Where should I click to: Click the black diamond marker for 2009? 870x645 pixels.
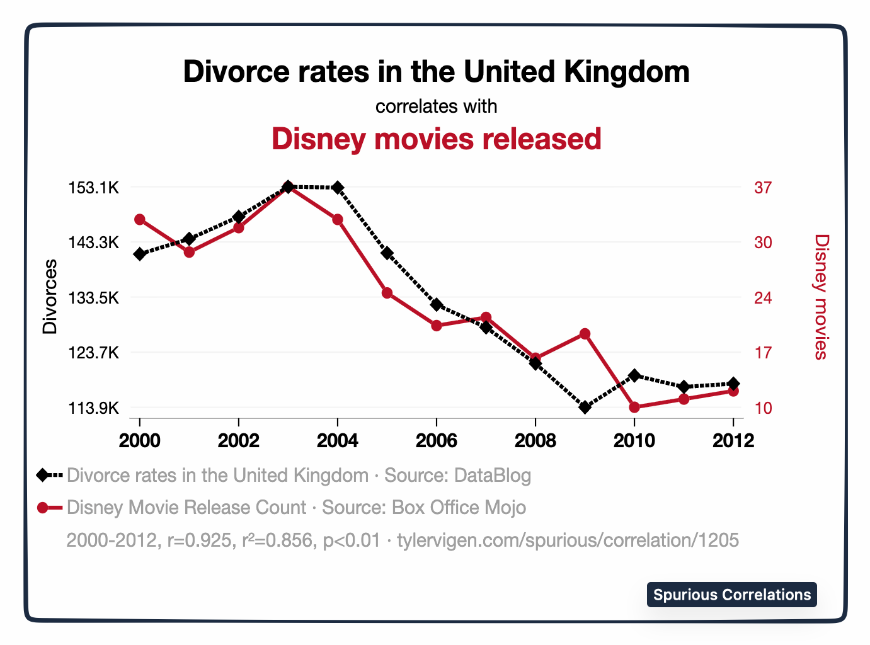tap(585, 408)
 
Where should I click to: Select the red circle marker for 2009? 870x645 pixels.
tap(585, 334)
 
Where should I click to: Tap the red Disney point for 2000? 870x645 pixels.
tap(140, 220)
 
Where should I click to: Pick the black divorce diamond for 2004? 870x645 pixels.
tap(338, 188)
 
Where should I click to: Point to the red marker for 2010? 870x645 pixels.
tap(634, 408)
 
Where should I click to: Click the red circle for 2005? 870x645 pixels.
tap(387, 293)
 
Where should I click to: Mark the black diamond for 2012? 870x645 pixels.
tap(733, 384)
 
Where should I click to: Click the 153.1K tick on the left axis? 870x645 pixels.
tap(93, 188)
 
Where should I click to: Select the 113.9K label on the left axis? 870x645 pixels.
tap(93, 408)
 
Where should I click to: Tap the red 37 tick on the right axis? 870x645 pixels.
tap(763, 188)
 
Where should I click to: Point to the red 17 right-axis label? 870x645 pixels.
tap(763, 353)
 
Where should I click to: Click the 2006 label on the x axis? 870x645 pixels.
tap(437, 440)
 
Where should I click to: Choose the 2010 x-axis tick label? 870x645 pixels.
tap(634, 440)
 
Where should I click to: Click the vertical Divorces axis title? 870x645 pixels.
tap(50, 297)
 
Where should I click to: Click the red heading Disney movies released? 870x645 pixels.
tap(436, 139)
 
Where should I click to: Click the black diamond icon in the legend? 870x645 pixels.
tap(43, 475)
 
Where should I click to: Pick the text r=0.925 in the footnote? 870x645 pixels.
tap(199, 540)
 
